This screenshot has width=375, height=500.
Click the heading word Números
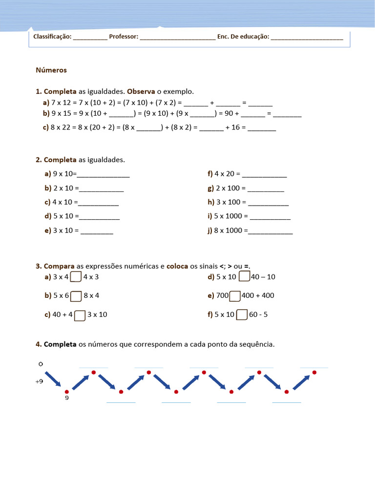click(x=51, y=70)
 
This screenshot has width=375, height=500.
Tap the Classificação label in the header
click(x=52, y=37)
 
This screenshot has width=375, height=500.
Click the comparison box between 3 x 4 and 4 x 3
click(x=76, y=277)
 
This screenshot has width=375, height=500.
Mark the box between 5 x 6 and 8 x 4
click(x=76, y=295)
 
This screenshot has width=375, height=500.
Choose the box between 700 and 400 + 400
click(x=235, y=295)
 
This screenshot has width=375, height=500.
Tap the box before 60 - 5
click(x=242, y=314)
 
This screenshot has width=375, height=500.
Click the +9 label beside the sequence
click(x=39, y=382)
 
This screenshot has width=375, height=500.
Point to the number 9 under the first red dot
click(x=67, y=398)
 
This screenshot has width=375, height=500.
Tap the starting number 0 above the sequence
click(x=41, y=364)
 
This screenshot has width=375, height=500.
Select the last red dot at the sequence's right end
click(x=314, y=372)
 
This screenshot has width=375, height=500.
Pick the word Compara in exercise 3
click(x=59, y=266)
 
